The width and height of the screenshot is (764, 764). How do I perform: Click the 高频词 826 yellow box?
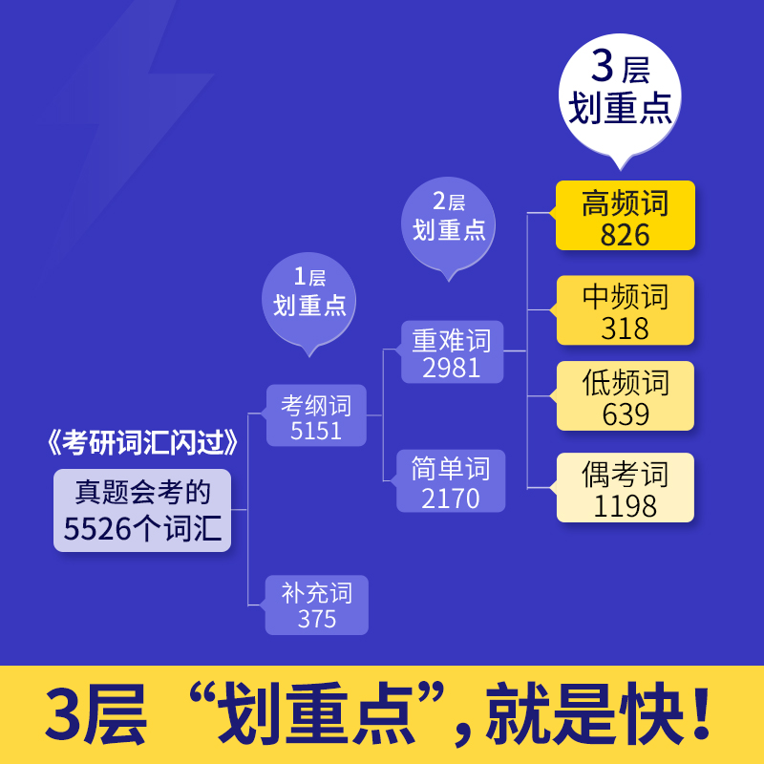(626, 216)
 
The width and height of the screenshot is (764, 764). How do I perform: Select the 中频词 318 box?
(626, 310)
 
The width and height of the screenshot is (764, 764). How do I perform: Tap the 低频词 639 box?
(626, 396)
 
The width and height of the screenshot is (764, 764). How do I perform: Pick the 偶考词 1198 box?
(626, 488)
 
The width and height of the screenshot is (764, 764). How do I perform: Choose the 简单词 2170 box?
(452, 480)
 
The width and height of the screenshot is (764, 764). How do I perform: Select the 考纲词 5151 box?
(316, 416)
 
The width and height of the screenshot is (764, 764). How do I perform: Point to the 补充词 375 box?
(316, 605)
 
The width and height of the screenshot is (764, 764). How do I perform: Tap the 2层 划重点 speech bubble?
(448, 219)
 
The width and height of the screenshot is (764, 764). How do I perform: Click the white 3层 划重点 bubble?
(621, 91)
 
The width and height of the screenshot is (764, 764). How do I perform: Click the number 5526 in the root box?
(96, 527)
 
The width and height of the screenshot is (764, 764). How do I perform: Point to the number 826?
(626, 233)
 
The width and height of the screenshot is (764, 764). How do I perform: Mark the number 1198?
(626, 505)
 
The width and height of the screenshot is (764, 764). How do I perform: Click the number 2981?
(452, 367)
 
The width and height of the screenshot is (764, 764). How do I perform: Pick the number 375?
(316, 619)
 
